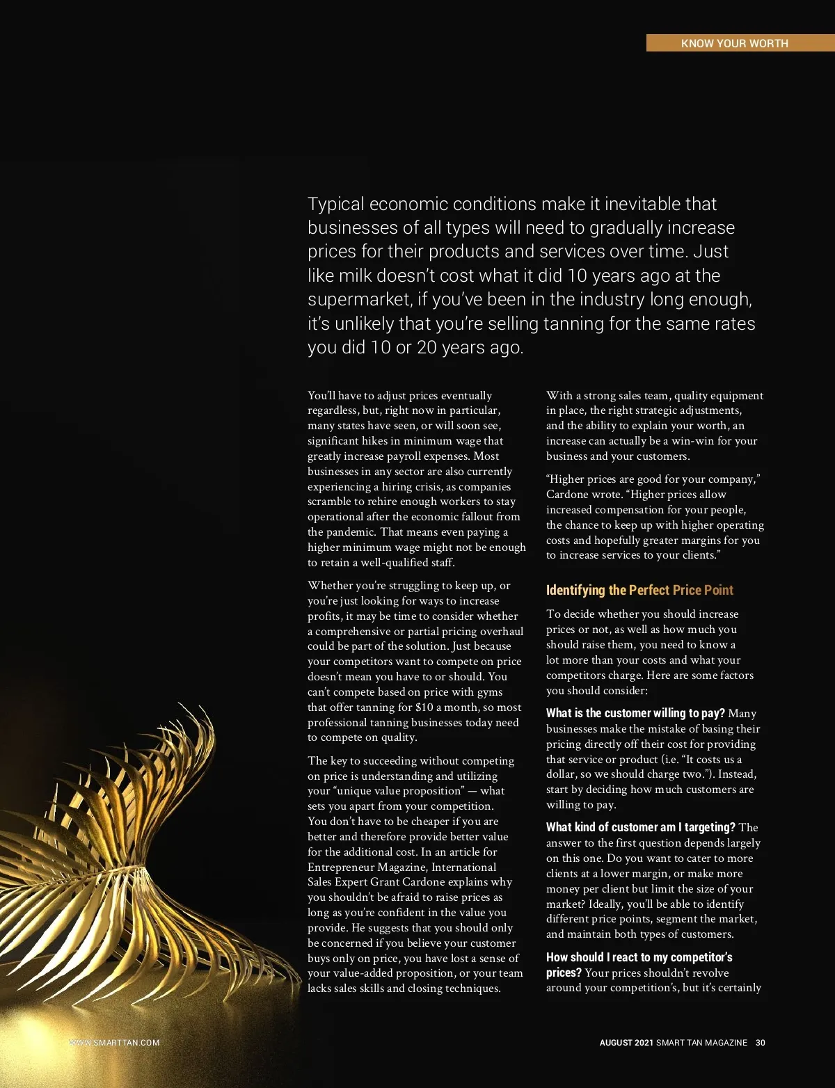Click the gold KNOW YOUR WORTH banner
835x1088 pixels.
point(734,43)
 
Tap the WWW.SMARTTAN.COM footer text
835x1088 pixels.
point(115,1043)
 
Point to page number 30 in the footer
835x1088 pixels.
point(761,1043)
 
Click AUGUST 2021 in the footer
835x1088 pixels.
point(626,1043)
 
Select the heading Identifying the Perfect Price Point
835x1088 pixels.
point(639,590)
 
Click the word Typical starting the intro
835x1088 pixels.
point(336,205)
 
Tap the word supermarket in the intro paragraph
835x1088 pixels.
point(359,300)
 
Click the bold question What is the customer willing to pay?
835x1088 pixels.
point(635,713)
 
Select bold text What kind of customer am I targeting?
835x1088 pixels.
point(640,827)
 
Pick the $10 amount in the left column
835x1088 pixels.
point(424,707)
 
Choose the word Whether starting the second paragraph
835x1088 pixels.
point(330,586)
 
